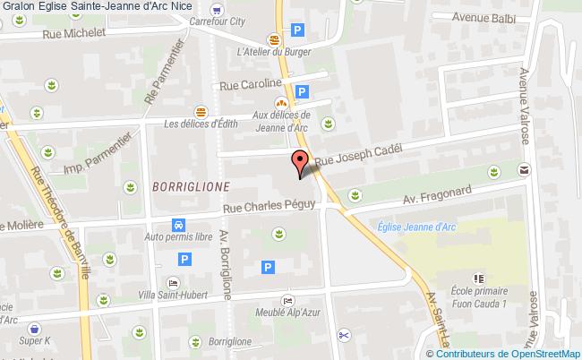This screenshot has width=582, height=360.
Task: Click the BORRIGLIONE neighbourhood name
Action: pyautogui.click(x=191, y=186)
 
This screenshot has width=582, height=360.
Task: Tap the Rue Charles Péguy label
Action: pyautogui.click(x=270, y=207)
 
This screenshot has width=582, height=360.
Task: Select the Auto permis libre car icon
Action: pyautogui.click(x=179, y=226)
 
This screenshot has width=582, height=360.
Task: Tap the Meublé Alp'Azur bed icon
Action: pyautogui.click(x=286, y=301)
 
